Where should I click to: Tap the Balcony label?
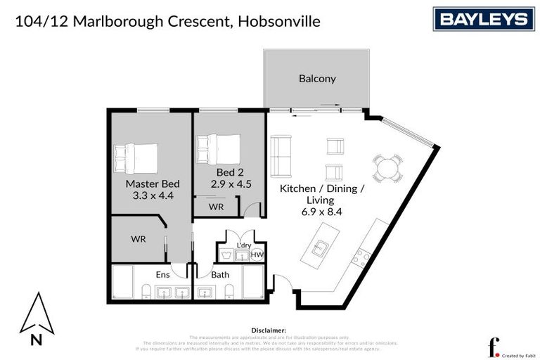(x=317, y=79)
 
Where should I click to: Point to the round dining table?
(x=388, y=168)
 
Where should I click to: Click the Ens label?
(x=162, y=275)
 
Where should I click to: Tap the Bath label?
(x=221, y=275)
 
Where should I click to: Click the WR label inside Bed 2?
(x=217, y=207)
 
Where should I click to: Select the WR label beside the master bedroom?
(x=138, y=239)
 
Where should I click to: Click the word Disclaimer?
(x=268, y=329)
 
